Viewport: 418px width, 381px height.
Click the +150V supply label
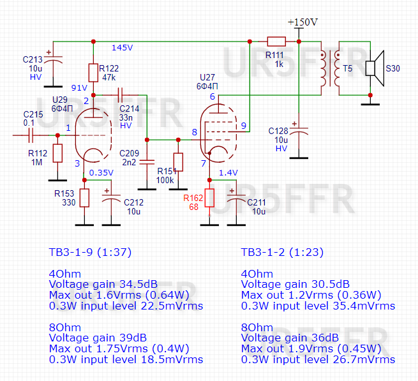click(302, 22)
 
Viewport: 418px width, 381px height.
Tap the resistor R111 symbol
click(276, 40)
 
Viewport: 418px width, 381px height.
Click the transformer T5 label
click(348, 68)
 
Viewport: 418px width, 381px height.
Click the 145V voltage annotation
click(122, 48)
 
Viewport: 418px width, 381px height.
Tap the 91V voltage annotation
click(79, 88)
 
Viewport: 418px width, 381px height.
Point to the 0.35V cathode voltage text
click(101, 172)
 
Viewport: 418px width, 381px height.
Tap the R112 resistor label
click(38, 153)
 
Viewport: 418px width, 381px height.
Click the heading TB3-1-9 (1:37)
click(90, 252)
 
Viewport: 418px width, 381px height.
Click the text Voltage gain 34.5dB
click(103, 284)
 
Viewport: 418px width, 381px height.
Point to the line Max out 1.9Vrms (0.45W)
click(311, 348)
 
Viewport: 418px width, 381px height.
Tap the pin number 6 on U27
click(212, 97)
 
